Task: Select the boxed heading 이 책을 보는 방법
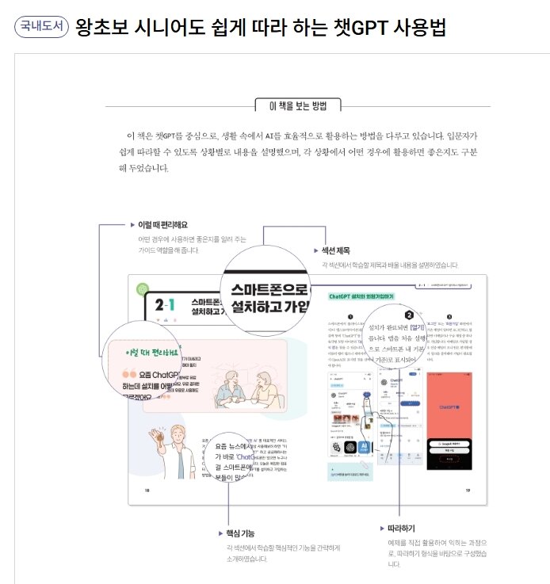click(297, 105)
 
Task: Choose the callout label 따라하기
click(403, 527)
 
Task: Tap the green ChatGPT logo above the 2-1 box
click(143, 289)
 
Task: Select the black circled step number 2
click(409, 315)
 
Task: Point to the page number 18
click(146, 490)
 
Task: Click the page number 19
click(468, 490)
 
